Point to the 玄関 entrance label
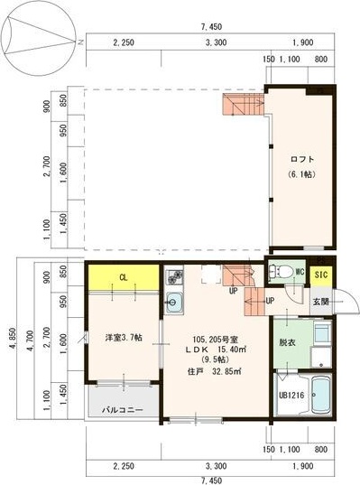pyautogui.click(x=320, y=302)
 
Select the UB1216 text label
pyautogui.click(x=291, y=395)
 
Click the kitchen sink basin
pyautogui.click(x=175, y=303)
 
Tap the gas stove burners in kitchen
pyautogui.click(x=174, y=274)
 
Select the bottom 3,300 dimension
pyautogui.click(x=215, y=466)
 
